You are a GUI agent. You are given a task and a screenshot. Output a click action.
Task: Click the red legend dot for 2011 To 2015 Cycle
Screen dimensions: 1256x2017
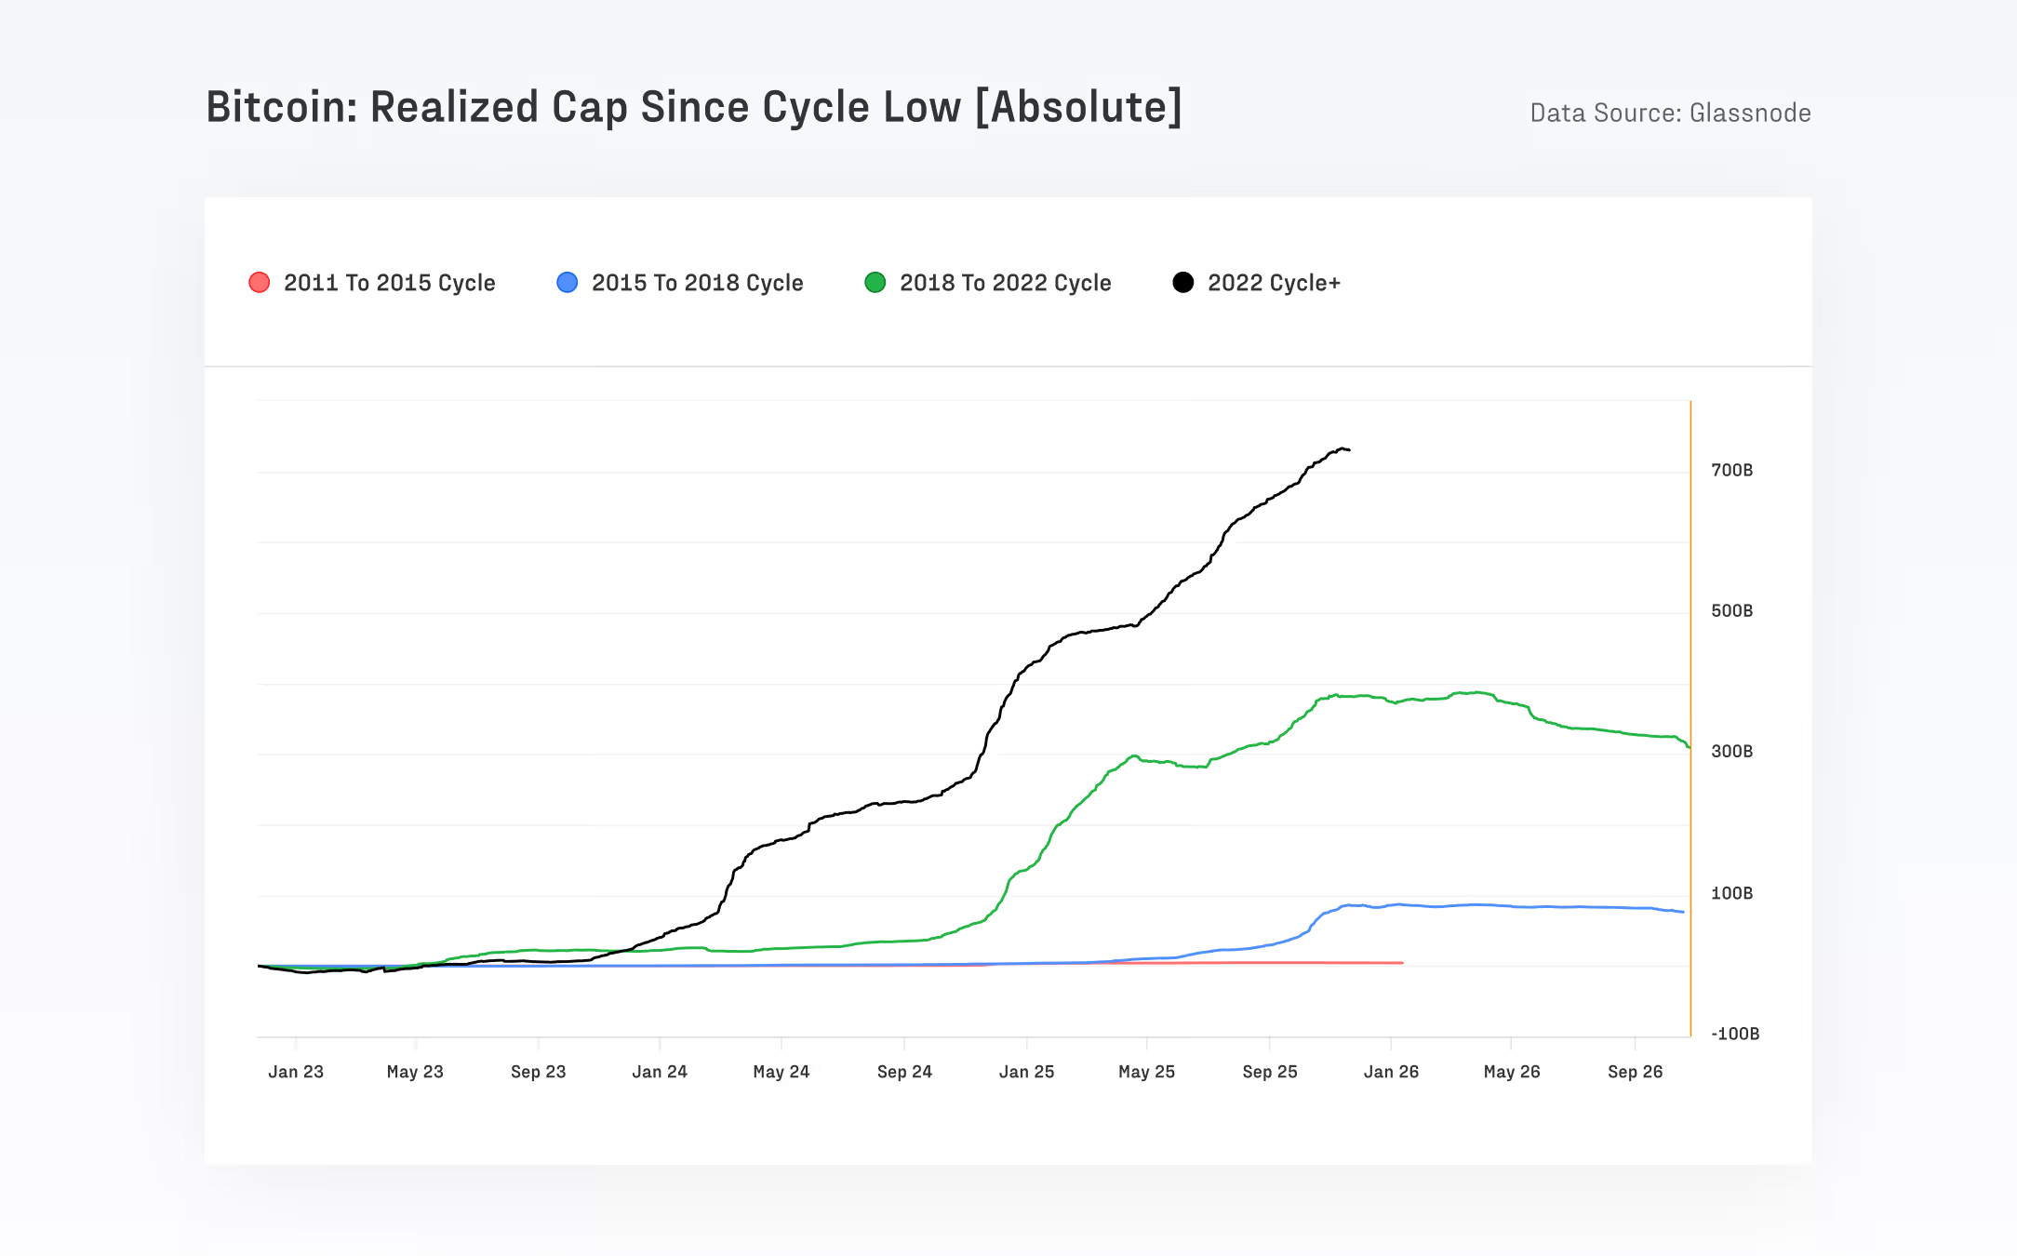coord(260,283)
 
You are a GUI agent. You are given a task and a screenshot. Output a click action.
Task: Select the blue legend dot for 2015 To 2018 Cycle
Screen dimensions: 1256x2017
coord(567,283)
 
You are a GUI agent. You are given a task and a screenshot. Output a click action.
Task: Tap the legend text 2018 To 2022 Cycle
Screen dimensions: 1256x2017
coord(1005,283)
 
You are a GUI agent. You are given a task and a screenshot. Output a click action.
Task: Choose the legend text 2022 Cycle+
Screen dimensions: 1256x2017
coord(1274,283)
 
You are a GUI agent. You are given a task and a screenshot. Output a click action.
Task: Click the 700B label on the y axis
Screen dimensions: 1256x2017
coord(1731,470)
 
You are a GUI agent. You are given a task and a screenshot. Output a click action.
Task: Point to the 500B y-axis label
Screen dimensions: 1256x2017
coord(1731,610)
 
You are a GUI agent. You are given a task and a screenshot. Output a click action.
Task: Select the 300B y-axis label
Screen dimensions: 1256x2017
coord(1731,751)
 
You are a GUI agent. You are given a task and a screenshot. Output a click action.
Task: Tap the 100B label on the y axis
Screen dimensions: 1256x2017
coord(1731,893)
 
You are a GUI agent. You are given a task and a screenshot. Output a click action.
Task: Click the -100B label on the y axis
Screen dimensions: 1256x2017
coord(1734,1034)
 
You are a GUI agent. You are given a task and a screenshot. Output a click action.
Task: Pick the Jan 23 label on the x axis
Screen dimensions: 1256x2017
coord(296,1072)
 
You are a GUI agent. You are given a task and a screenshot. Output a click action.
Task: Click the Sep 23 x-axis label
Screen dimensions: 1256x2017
coord(538,1072)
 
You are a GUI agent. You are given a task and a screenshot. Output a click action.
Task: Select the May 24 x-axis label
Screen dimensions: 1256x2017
coord(781,1072)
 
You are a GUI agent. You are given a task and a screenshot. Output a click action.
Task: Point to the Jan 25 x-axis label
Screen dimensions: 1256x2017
coord(1026,1072)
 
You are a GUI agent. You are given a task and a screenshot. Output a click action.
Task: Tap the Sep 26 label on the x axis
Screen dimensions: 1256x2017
coord(1635,1072)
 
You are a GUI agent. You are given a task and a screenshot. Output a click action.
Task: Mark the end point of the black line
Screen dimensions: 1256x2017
coord(1349,450)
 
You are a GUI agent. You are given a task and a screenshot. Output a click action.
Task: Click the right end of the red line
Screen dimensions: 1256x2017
coord(1402,963)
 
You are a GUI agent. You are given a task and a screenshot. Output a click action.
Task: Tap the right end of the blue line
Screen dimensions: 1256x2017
coord(1683,912)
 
